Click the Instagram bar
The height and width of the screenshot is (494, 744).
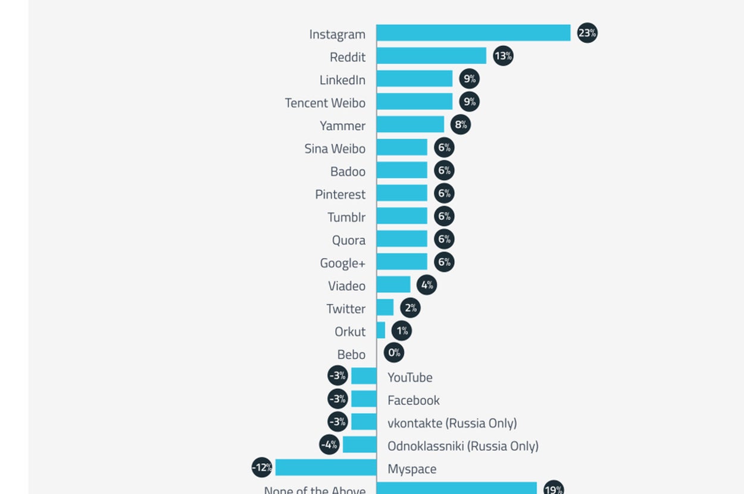[x=473, y=33]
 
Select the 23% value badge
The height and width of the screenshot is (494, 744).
[x=587, y=33]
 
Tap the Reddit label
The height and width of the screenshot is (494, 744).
[x=348, y=57]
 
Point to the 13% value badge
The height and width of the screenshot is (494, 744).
[x=503, y=56]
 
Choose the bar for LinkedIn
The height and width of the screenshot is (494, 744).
[x=414, y=79]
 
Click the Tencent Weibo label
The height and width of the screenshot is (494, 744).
[x=325, y=103]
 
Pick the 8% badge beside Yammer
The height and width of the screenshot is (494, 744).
[x=461, y=125]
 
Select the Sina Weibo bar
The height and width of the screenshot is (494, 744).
[x=402, y=148]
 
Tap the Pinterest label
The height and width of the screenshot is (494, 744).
[x=340, y=195]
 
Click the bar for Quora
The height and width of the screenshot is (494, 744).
[x=402, y=239]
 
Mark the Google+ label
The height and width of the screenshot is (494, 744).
[x=343, y=263]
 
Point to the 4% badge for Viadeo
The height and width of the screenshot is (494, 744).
[x=427, y=285]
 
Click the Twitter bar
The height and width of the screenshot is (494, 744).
[x=385, y=308]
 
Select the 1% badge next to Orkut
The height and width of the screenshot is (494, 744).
[x=402, y=331]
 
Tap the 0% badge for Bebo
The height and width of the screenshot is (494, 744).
[x=394, y=353]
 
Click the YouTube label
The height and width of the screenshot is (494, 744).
[x=410, y=377]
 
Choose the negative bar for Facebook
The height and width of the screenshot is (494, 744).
[x=364, y=399]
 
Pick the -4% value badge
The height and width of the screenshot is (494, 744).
[x=329, y=445]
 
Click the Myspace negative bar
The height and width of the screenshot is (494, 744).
[x=326, y=468]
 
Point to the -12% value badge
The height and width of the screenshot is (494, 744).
[x=262, y=468]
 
